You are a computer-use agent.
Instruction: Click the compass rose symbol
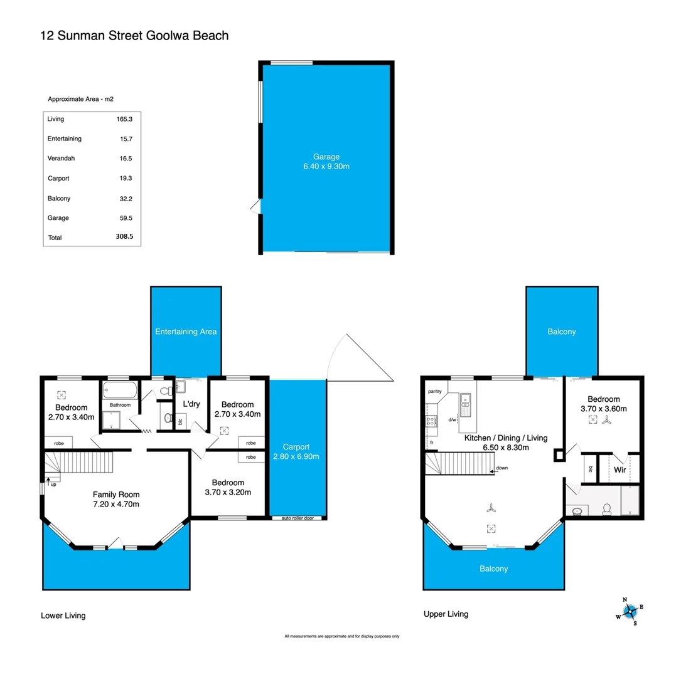[x=630, y=610]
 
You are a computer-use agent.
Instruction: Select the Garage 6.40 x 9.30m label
[x=326, y=162]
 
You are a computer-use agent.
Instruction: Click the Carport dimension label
[x=296, y=452]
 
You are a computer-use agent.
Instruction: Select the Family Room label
[x=116, y=498]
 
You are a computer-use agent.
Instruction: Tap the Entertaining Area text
[x=186, y=332]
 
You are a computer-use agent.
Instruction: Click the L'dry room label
[x=191, y=404]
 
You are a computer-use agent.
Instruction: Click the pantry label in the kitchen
[x=435, y=392]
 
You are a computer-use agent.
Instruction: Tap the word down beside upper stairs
[x=501, y=468]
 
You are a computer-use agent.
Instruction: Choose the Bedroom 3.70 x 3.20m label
[x=227, y=487]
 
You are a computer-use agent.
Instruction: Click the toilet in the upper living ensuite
[x=607, y=510]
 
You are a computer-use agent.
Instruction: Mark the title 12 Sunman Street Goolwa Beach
[x=134, y=36]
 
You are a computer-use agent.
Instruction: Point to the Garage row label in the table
[x=58, y=218]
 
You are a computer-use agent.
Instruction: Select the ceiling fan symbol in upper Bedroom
[x=606, y=422]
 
